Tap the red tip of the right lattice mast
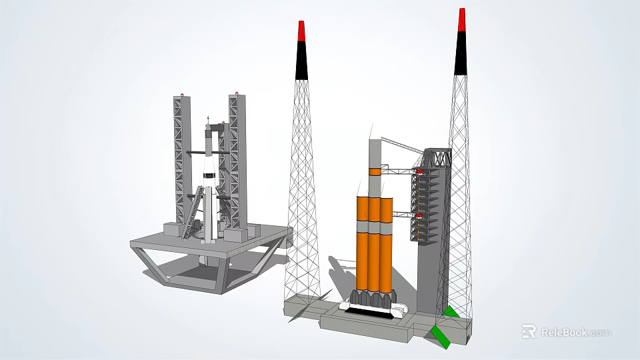pos(461,19)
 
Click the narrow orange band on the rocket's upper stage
pos(373,172)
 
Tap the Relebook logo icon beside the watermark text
pos(529,331)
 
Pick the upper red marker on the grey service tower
pos(418,171)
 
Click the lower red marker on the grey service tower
pos(418,216)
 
